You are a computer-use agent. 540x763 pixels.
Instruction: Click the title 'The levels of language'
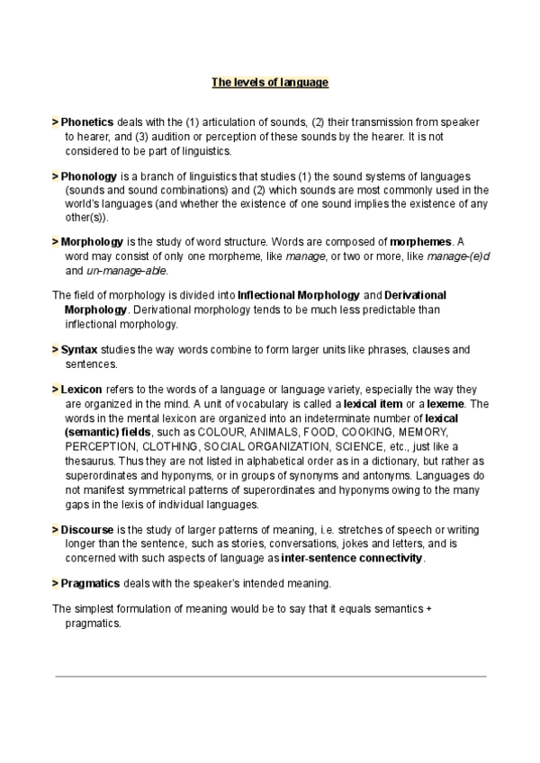[x=270, y=83]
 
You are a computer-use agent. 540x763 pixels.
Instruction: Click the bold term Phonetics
[x=86, y=121]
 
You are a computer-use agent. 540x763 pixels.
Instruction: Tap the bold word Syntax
[x=79, y=349]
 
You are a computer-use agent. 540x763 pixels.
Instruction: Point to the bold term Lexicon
[x=83, y=390]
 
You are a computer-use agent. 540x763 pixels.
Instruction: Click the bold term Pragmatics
[x=92, y=584]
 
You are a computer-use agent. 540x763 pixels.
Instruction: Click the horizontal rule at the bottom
[x=270, y=676]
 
